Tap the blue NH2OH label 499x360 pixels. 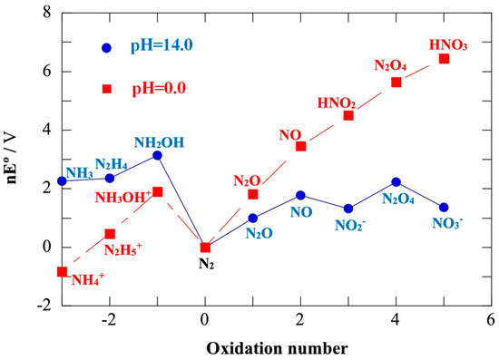(x=158, y=142)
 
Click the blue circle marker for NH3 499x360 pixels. (x=62, y=181)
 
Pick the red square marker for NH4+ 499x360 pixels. (x=62, y=271)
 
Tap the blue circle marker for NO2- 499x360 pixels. (x=348, y=209)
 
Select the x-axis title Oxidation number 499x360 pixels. (x=276, y=346)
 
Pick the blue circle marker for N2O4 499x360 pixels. (x=396, y=182)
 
